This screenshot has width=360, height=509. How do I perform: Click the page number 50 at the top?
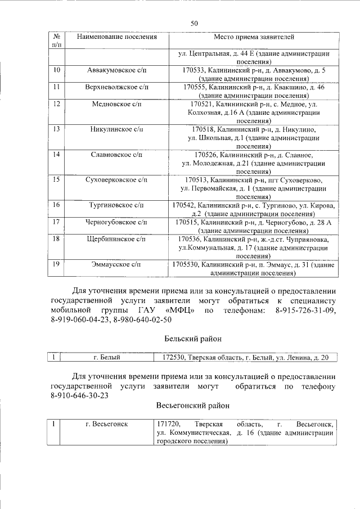(194, 23)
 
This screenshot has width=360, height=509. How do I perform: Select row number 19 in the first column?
(56, 264)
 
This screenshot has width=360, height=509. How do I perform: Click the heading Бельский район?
(193, 339)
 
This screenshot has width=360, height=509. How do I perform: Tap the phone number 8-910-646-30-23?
(79, 395)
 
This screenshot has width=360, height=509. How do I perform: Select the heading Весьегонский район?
(193, 405)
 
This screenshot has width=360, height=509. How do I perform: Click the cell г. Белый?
(107, 357)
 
